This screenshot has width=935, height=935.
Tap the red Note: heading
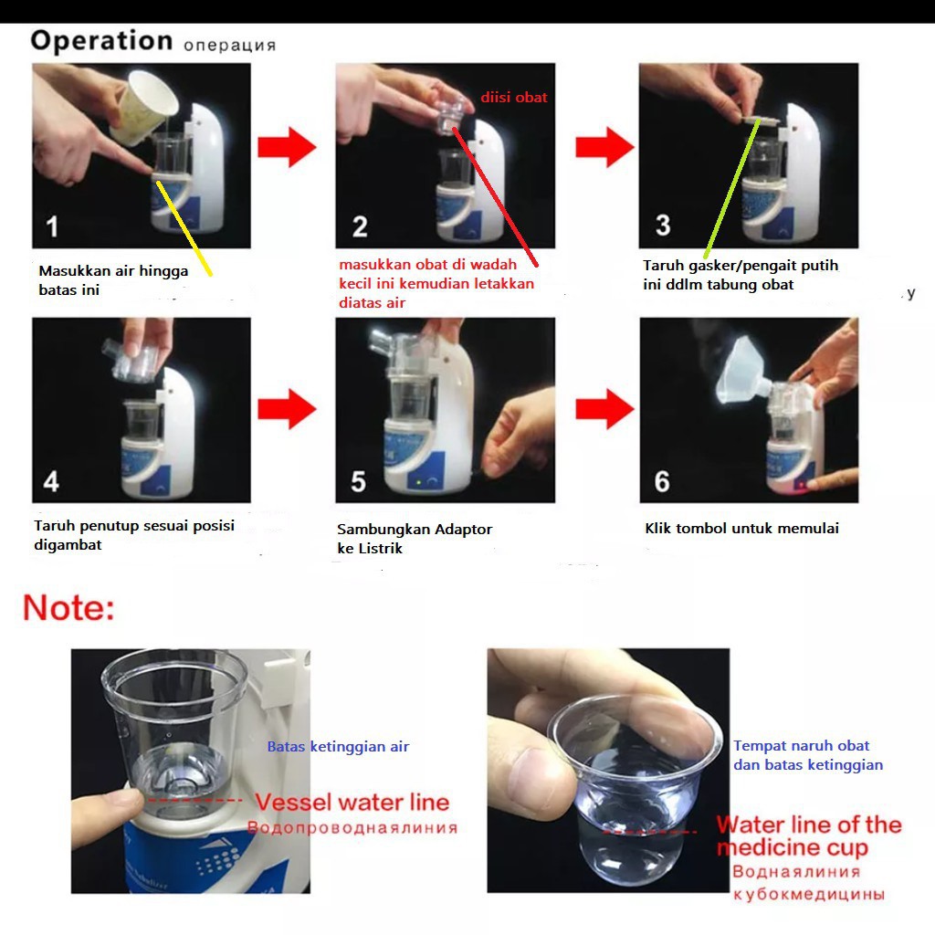(x=68, y=607)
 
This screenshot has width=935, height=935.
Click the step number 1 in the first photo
(x=52, y=226)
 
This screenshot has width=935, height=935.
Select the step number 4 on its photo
(x=51, y=481)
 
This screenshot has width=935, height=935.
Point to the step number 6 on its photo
(x=662, y=481)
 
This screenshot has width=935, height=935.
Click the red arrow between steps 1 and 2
(x=287, y=147)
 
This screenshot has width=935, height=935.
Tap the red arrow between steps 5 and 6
(x=604, y=409)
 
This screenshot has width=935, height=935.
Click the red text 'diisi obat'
(x=514, y=97)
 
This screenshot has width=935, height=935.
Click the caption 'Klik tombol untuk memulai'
(x=741, y=528)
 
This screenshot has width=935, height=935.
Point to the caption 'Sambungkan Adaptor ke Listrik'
(x=415, y=539)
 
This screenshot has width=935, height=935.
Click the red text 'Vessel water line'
(x=352, y=802)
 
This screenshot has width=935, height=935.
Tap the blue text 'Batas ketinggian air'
(x=338, y=747)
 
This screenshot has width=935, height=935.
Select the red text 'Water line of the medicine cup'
(x=809, y=836)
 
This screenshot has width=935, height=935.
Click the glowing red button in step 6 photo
(x=800, y=484)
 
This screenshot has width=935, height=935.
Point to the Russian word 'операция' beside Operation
(x=229, y=46)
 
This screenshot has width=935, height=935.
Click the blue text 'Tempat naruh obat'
(x=801, y=746)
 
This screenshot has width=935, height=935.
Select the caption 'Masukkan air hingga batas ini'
(x=113, y=280)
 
